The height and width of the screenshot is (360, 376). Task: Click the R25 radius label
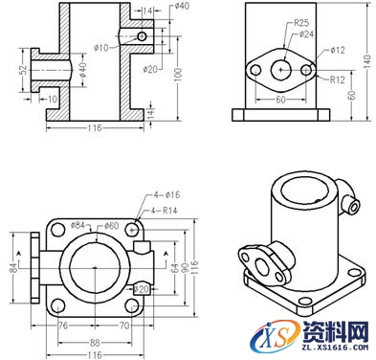300,21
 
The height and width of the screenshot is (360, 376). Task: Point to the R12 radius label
337,79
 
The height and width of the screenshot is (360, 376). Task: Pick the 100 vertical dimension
178,76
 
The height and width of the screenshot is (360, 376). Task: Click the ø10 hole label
101,46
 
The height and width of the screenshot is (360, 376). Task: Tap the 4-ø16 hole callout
164,197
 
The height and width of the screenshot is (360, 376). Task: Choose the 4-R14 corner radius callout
164,210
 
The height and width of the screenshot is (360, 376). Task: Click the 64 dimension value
174,271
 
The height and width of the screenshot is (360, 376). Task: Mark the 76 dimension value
62,326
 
